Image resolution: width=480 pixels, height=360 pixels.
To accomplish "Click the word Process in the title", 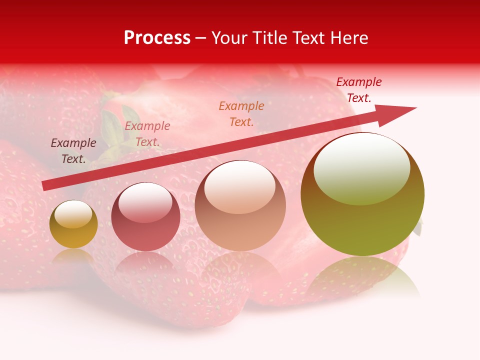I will (157, 38).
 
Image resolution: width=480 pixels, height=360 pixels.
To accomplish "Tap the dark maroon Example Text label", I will (73, 150).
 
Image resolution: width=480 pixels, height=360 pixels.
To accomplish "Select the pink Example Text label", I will (147, 133).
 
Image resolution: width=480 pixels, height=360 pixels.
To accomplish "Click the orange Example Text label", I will (241, 113).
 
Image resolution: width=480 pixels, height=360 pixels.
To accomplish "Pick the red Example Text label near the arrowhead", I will (359, 89).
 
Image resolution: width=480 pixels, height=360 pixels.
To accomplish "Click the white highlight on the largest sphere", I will (361, 167).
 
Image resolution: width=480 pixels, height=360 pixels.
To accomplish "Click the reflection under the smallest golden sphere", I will (73, 256).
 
